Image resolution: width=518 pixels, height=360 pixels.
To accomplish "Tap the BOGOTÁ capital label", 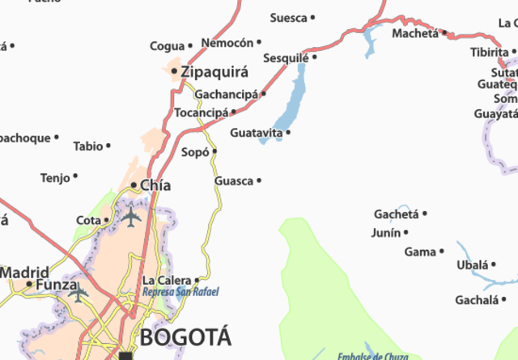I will [x=185, y=337].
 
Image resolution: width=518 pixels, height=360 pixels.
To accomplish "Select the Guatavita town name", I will [x=256, y=132].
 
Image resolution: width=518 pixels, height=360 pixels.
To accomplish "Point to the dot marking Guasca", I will [x=259, y=180].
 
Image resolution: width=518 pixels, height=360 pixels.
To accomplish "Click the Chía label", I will [x=155, y=185].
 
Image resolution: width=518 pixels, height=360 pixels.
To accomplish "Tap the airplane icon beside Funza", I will [x=79, y=293].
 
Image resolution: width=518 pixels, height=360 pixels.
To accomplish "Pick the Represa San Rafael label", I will [x=180, y=292].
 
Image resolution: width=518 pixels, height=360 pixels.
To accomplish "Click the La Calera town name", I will [x=167, y=281].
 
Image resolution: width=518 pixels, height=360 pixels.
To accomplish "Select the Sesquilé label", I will [x=286, y=57].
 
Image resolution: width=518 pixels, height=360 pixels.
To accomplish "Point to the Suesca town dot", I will [x=312, y=17].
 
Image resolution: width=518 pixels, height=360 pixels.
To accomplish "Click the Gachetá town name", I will [x=396, y=214].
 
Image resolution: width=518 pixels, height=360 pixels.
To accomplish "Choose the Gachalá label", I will [x=475, y=300].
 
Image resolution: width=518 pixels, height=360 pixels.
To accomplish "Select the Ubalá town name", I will [x=473, y=265].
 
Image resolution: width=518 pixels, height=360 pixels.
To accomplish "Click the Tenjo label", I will [x=55, y=177].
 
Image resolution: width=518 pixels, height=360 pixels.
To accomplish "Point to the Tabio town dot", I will [x=108, y=146].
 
